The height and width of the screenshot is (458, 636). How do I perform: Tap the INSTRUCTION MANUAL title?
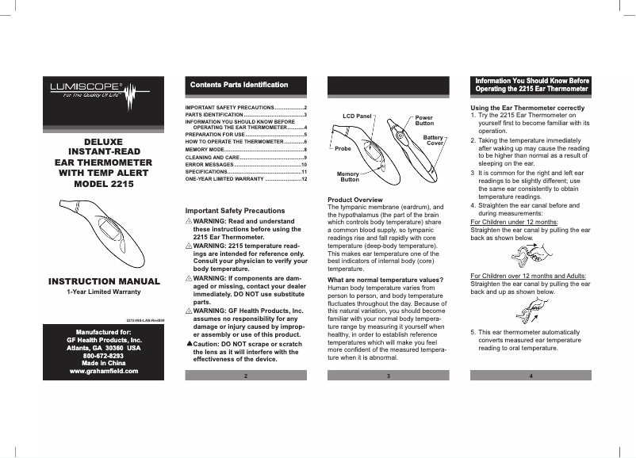point(102,281)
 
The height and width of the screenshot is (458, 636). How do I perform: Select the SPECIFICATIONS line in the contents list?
point(205,171)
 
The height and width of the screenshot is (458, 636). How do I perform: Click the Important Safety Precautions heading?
point(234,211)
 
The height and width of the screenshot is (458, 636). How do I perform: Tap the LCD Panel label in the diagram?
point(357,116)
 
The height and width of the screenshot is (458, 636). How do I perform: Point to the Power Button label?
point(424,120)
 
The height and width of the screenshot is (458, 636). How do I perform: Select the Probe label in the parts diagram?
point(343,148)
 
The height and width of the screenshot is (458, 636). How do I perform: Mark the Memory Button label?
point(349,176)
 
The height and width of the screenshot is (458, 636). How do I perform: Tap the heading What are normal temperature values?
point(385,281)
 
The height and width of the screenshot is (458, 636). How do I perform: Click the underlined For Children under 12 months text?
point(514,222)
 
